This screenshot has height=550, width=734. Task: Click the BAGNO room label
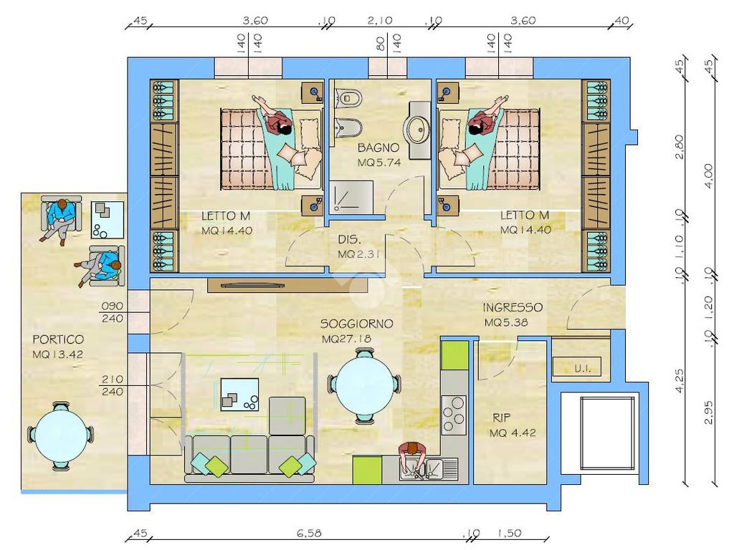tap(378, 148)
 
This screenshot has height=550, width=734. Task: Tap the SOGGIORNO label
tap(357, 324)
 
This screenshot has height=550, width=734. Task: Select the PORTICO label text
tap(58, 339)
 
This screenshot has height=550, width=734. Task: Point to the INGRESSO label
tap(513, 307)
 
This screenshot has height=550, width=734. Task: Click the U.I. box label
tap(582, 369)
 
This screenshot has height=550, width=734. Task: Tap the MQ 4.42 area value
tap(513, 433)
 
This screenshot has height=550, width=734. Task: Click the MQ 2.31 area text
tap(358, 254)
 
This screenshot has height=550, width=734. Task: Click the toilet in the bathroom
tap(349, 97)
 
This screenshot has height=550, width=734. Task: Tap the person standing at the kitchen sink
tap(412, 455)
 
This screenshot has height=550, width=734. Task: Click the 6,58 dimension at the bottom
tap(309, 533)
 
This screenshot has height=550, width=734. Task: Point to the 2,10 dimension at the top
tap(380, 20)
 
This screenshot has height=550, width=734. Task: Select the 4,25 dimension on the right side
tap(680, 381)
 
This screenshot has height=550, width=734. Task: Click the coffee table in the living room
tap(239, 395)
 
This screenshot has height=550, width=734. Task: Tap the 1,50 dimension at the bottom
tap(510, 533)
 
